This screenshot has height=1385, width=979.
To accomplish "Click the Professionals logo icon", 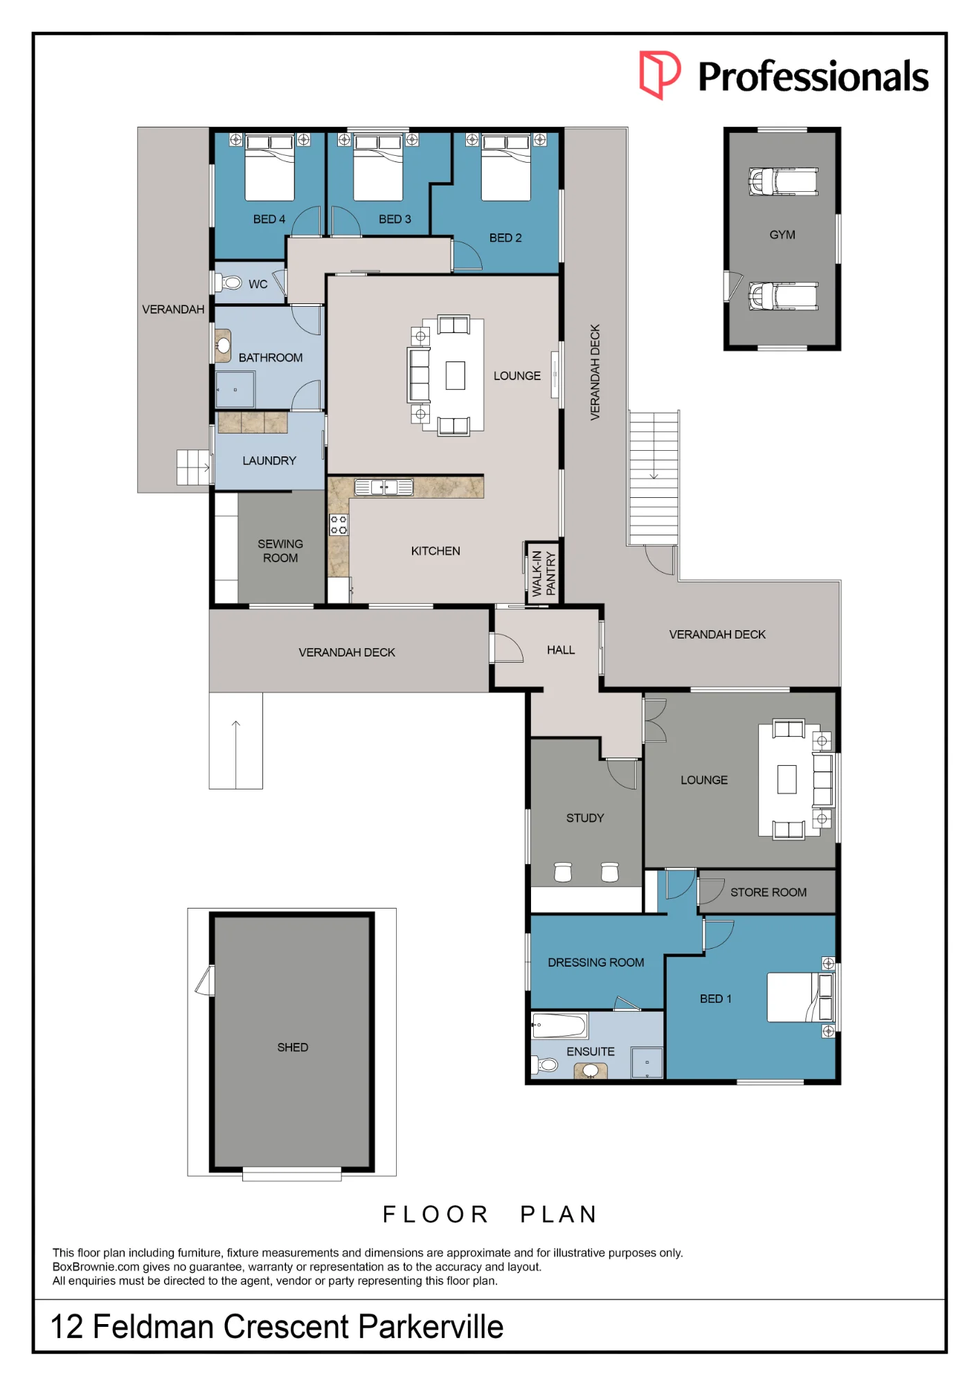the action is click(659, 74).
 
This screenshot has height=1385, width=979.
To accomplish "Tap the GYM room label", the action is click(782, 235).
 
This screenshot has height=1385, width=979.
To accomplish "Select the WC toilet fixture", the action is click(228, 283).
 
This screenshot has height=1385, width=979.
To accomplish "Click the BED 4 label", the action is click(269, 219).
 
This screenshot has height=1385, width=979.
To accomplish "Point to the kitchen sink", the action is click(384, 488).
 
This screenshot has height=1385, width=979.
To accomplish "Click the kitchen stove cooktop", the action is click(339, 525).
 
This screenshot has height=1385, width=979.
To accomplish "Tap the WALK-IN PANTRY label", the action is click(544, 573).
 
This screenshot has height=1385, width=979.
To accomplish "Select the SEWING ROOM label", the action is click(280, 551).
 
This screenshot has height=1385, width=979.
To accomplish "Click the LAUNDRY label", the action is click(269, 461).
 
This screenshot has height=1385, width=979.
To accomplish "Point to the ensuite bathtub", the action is click(559, 1025).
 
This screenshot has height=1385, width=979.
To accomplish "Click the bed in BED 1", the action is click(800, 997).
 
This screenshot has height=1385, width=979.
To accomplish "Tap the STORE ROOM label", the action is click(769, 892).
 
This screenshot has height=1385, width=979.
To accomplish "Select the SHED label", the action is click(293, 1047).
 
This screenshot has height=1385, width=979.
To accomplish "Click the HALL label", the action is click(561, 650).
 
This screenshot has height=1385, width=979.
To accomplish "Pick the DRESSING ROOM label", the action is click(596, 963).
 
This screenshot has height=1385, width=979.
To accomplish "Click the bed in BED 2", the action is click(506, 168).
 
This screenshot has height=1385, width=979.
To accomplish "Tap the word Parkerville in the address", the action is click(431, 1327).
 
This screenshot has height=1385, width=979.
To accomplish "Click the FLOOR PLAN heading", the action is click(491, 1214).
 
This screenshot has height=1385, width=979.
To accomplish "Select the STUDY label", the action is click(585, 818).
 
